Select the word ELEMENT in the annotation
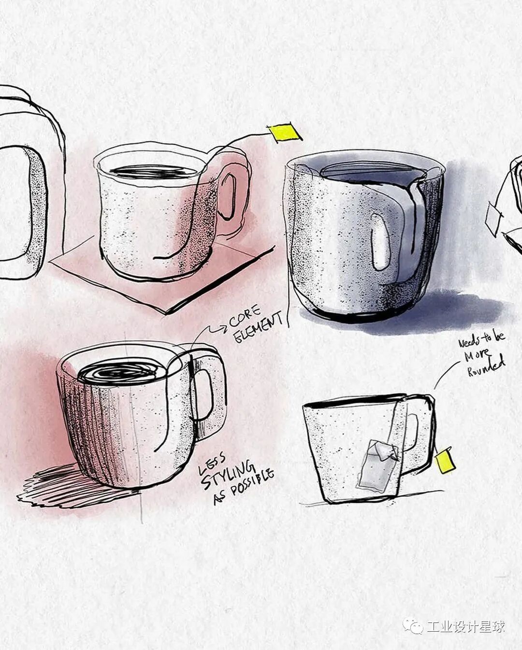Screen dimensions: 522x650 click(259, 328)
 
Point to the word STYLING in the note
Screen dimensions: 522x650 click(227, 476)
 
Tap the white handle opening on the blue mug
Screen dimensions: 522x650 click(380, 242)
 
